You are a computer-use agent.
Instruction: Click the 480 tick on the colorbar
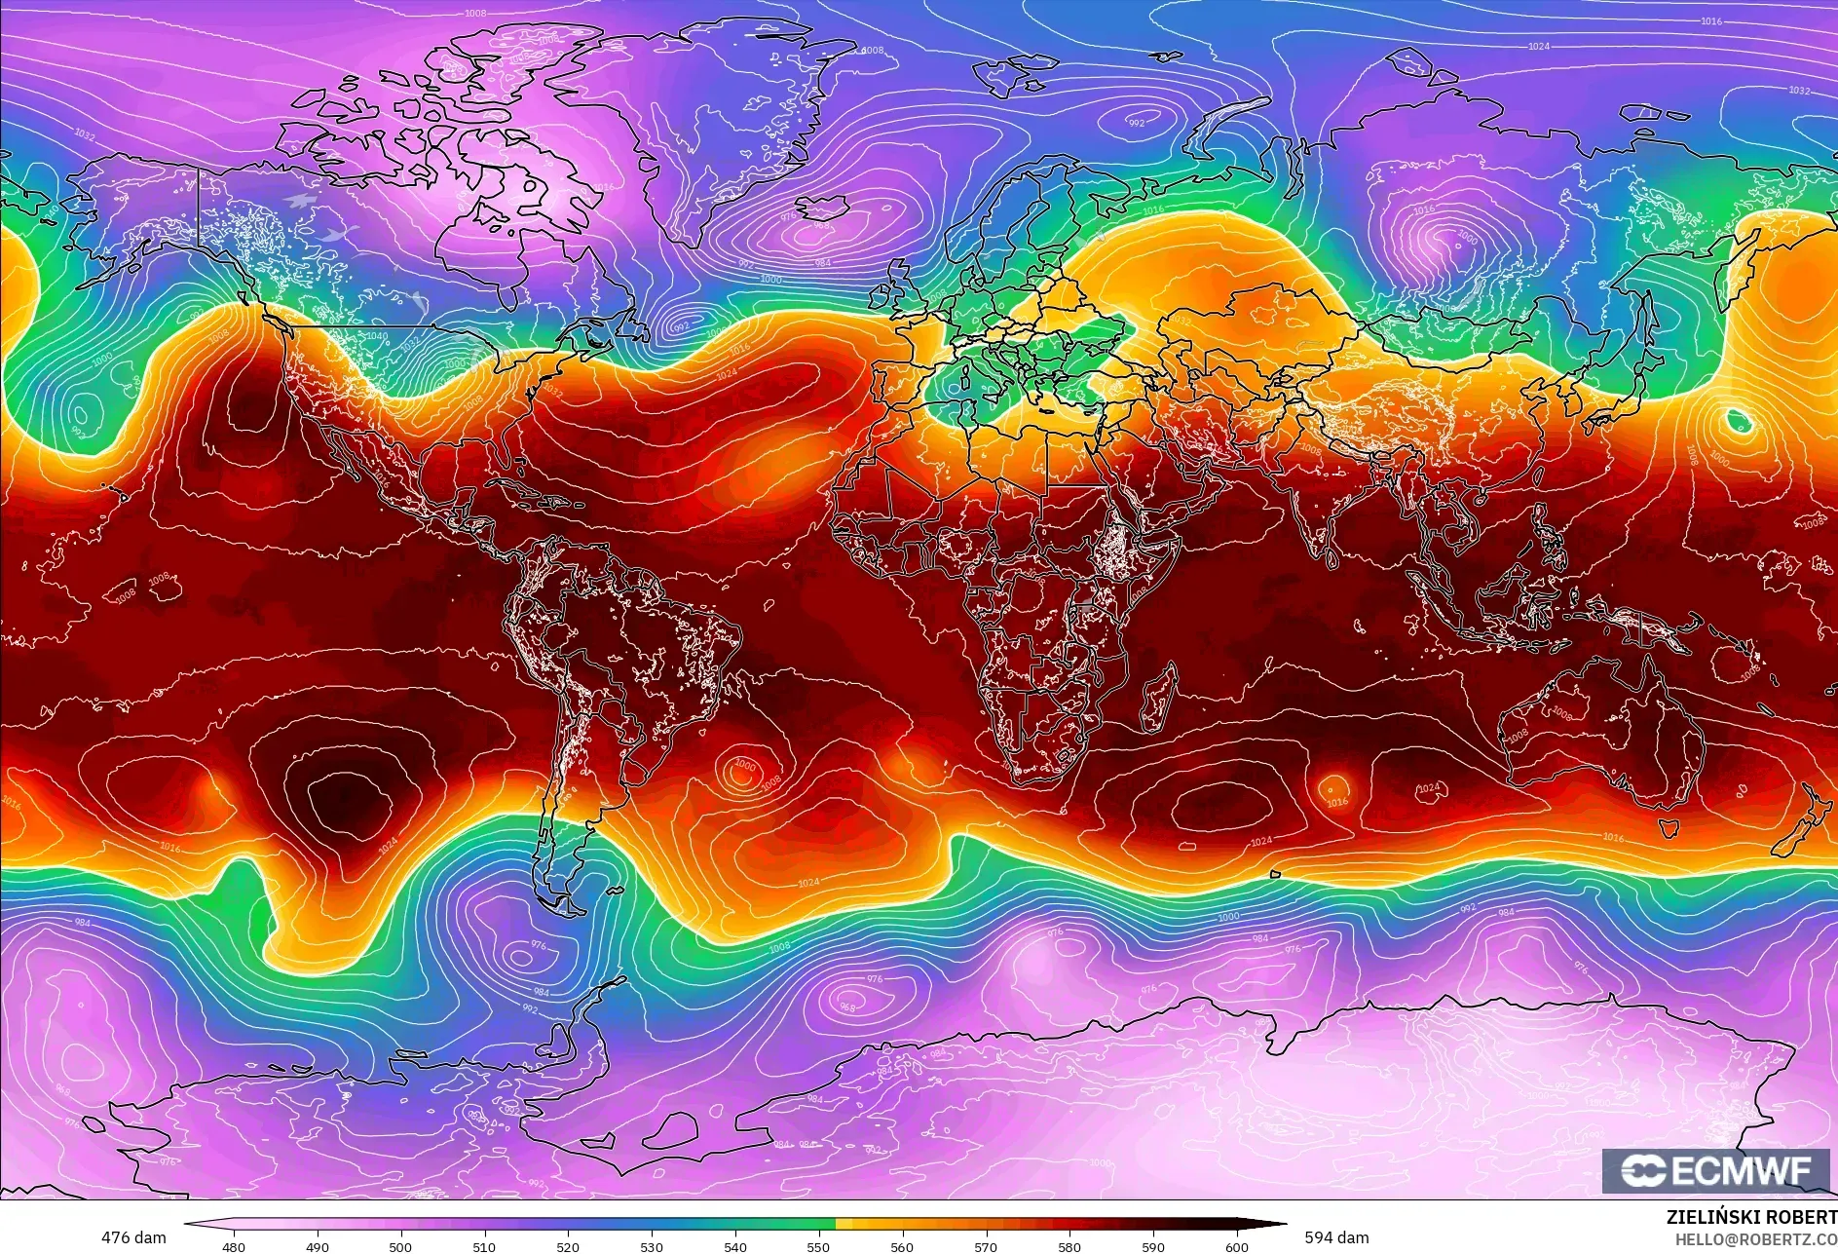234,1246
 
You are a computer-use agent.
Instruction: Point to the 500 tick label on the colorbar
400,1246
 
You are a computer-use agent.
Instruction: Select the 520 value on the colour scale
568,1246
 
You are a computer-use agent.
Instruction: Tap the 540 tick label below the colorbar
735,1246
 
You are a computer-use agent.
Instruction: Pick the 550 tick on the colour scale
818,1246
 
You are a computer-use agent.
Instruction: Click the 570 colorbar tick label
986,1246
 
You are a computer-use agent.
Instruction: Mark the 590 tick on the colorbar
1153,1246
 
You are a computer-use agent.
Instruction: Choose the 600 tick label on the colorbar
1237,1246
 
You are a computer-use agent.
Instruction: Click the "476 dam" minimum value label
133,1237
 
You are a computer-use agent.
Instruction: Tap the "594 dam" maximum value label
1336,1237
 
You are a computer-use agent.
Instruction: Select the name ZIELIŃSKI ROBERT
1751,1217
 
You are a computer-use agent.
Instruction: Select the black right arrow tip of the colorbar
1276,1223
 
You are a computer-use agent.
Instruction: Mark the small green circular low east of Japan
1739,422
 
